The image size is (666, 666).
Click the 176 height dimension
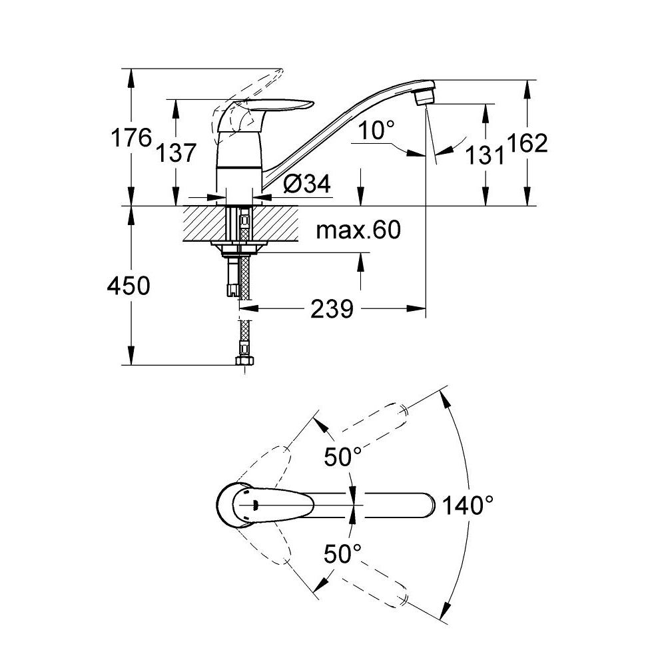[131, 137]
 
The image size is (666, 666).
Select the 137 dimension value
[176, 153]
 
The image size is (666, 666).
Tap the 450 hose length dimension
[129, 286]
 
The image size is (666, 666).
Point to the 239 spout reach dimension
[332, 309]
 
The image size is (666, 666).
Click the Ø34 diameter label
[306, 184]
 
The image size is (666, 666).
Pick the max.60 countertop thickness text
[358, 230]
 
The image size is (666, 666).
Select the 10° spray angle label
[376, 130]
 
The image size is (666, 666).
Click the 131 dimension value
[485, 155]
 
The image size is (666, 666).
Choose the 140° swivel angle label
[468, 505]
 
